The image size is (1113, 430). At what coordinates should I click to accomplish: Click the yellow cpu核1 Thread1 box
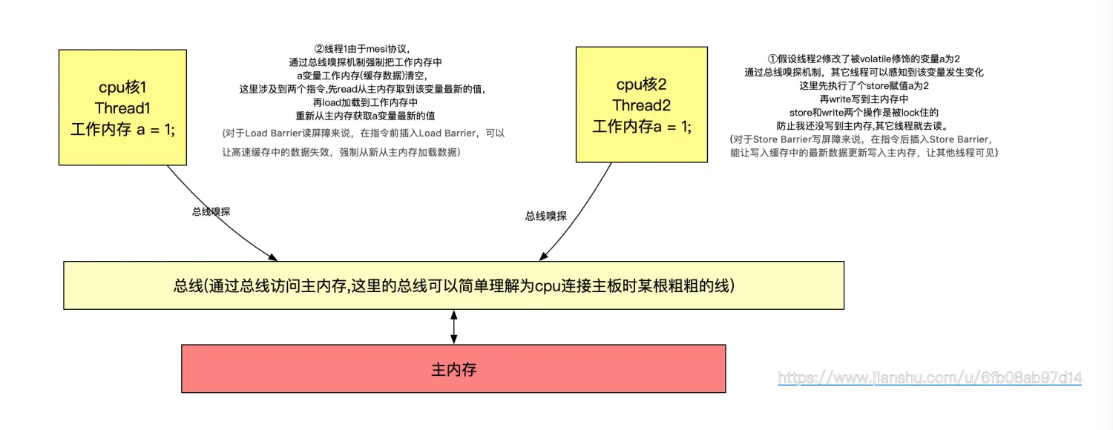[122, 107]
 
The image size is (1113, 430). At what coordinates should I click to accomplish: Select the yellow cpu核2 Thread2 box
[643, 104]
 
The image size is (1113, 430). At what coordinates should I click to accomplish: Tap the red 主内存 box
[453, 368]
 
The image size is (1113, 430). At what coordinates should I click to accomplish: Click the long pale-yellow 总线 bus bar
[453, 285]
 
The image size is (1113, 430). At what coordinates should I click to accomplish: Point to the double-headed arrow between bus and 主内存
[453, 326]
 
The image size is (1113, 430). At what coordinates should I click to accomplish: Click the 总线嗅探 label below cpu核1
[211, 211]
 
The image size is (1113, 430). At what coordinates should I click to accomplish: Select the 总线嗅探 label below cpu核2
[545, 216]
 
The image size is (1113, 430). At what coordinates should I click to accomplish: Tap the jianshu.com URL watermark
[930, 378]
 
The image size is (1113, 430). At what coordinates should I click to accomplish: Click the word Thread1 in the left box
[122, 108]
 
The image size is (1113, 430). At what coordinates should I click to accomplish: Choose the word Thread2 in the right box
[643, 105]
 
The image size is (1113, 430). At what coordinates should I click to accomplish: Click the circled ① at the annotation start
[772, 59]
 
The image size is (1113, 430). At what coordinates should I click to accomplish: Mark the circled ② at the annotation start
[319, 47]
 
